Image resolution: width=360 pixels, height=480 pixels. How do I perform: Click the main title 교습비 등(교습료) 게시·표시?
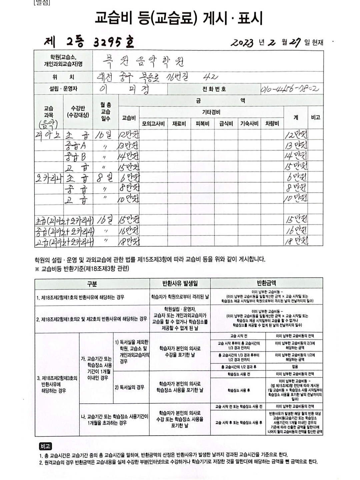[179, 18]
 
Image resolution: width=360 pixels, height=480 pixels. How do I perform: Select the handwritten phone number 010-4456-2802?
[290, 89]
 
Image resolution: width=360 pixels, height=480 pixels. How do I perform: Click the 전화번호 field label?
[214, 89]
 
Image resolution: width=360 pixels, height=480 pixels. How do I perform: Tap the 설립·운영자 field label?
[63, 89]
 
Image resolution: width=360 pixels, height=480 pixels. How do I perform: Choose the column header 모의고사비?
[153, 124]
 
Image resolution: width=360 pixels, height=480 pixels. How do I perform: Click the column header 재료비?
[179, 124]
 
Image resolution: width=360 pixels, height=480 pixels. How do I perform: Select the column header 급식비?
[226, 124]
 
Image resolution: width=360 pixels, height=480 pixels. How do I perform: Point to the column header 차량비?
[272, 124]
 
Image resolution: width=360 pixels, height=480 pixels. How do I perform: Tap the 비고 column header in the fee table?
[315, 117]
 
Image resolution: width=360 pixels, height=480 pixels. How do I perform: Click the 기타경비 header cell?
[211, 112]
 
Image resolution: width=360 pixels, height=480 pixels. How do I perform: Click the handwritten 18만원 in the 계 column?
[296, 241]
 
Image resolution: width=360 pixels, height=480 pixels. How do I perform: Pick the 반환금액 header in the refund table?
[266, 283]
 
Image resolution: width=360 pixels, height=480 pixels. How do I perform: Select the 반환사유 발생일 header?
[180, 283]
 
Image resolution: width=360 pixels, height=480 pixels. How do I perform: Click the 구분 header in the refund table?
[92, 284]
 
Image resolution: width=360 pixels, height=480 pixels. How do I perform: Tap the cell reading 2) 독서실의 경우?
[130, 387]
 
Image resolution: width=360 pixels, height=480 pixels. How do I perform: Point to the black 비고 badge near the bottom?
[45, 446]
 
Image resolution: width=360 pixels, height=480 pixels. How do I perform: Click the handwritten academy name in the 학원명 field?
[143, 61]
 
